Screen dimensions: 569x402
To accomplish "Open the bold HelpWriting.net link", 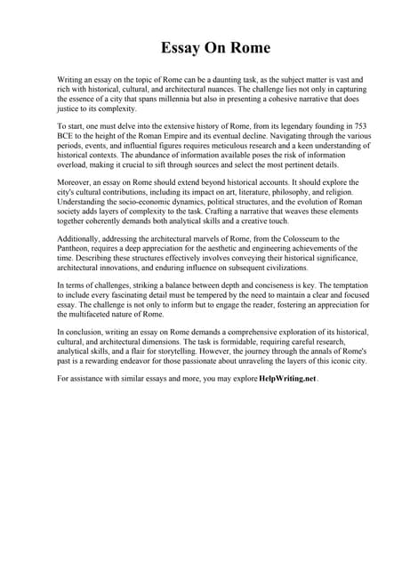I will [286, 379].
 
